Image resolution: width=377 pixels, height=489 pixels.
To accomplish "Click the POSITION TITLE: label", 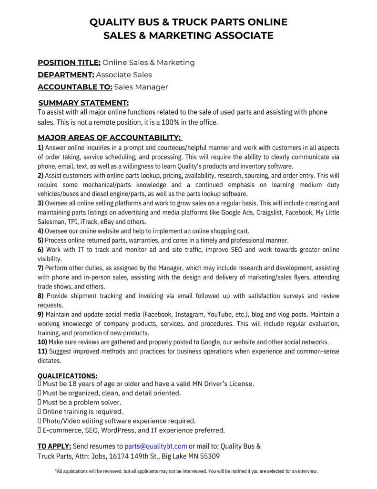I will pyautogui.click(x=69, y=63).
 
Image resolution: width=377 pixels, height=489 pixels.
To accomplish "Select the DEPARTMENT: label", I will pyautogui.click(x=66, y=74).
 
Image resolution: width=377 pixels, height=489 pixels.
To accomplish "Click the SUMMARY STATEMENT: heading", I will pyautogui.click(x=83, y=103).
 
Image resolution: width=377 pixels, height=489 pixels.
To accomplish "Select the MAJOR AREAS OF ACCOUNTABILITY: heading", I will pyautogui.click(x=110, y=138).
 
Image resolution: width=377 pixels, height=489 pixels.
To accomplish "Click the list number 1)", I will pyautogui.click(x=41, y=148).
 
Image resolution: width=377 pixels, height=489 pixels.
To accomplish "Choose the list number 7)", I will pyautogui.click(x=41, y=268).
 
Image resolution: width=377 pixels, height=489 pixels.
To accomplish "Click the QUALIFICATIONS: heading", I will pyautogui.click(x=68, y=376).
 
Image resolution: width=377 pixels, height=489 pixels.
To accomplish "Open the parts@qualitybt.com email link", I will pyautogui.click(x=155, y=446).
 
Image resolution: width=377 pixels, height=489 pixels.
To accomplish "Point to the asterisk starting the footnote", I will pyautogui.click(x=56, y=471).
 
